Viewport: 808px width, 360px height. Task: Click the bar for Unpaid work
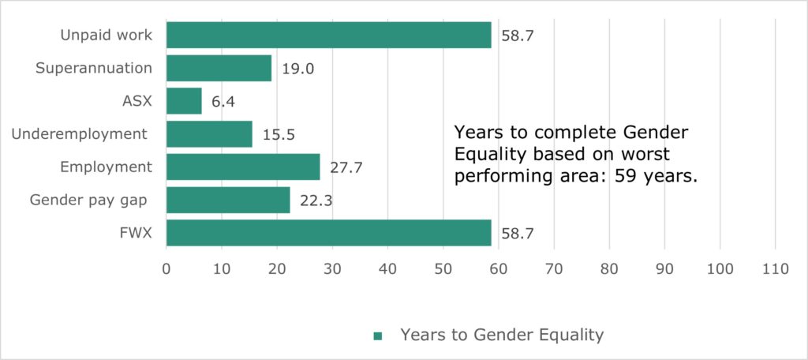(x=328, y=36)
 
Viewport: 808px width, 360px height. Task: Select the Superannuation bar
(x=219, y=68)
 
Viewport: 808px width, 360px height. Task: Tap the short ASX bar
(x=184, y=101)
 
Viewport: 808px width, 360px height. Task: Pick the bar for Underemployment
(x=209, y=134)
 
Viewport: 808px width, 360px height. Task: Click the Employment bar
(x=243, y=167)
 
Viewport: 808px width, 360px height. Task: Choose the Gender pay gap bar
(x=228, y=201)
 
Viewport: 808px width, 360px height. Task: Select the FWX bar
(x=328, y=234)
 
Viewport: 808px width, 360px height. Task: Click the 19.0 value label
(x=298, y=69)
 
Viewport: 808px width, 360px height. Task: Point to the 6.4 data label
(x=223, y=102)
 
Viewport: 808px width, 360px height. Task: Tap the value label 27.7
(x=346, y=168)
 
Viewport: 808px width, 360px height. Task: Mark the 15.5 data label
(x=279, y=135)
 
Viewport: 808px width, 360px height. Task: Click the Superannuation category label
(x=94, y=68)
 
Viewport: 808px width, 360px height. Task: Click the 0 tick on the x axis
(x=166, y=268)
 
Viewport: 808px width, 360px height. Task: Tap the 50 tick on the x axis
(x=443, y=268)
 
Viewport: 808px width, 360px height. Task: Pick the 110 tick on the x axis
(x=776, y=268)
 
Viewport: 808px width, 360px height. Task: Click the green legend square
(x=377, y=336)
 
